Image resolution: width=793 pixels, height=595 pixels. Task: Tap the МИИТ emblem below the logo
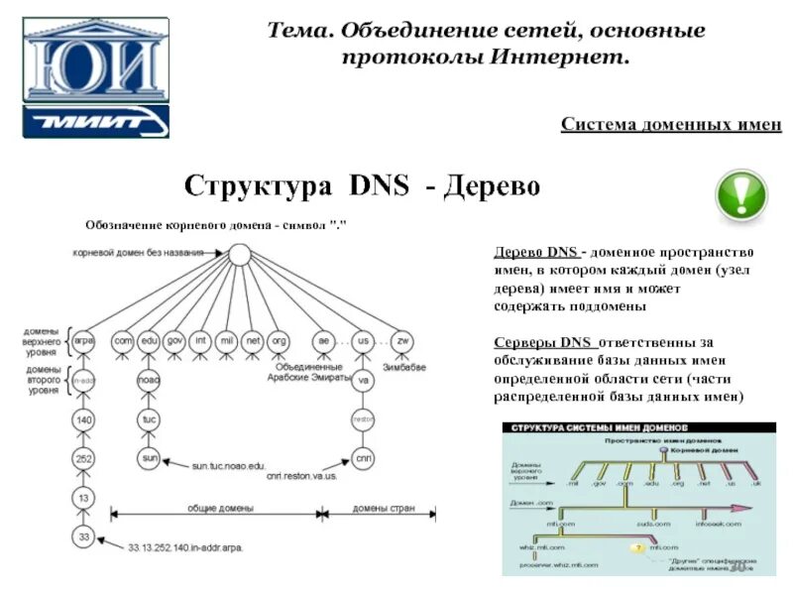[x=96, y=121]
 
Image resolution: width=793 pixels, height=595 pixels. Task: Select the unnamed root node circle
[x=238, y=254]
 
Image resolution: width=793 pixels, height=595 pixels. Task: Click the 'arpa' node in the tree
[x=84, y=340]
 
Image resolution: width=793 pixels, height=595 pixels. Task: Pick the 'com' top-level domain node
[x=124, y=340]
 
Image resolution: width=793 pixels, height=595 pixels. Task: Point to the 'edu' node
[x=150, y=340]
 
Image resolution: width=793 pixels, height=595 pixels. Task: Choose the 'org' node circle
[x=279, y=340]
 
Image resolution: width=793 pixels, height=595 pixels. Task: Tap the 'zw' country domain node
[x=402, y=340]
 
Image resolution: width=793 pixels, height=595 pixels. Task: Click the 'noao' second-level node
[x=150, y=380]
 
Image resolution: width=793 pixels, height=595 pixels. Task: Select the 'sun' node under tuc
[x=150, y=458]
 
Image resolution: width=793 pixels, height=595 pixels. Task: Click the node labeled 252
[x=84, y=459]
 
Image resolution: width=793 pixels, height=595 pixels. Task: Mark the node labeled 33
[x=84, y=536]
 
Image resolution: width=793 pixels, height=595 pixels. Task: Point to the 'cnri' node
[x=363, y=458]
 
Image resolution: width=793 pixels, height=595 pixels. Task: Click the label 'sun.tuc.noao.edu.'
[x=229, y=464]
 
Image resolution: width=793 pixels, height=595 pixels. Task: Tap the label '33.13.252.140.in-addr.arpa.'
[x=185, y=546]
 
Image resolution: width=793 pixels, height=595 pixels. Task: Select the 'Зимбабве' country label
[x=404, y=367]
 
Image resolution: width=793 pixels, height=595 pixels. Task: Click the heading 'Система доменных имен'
[x=671, y=124]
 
